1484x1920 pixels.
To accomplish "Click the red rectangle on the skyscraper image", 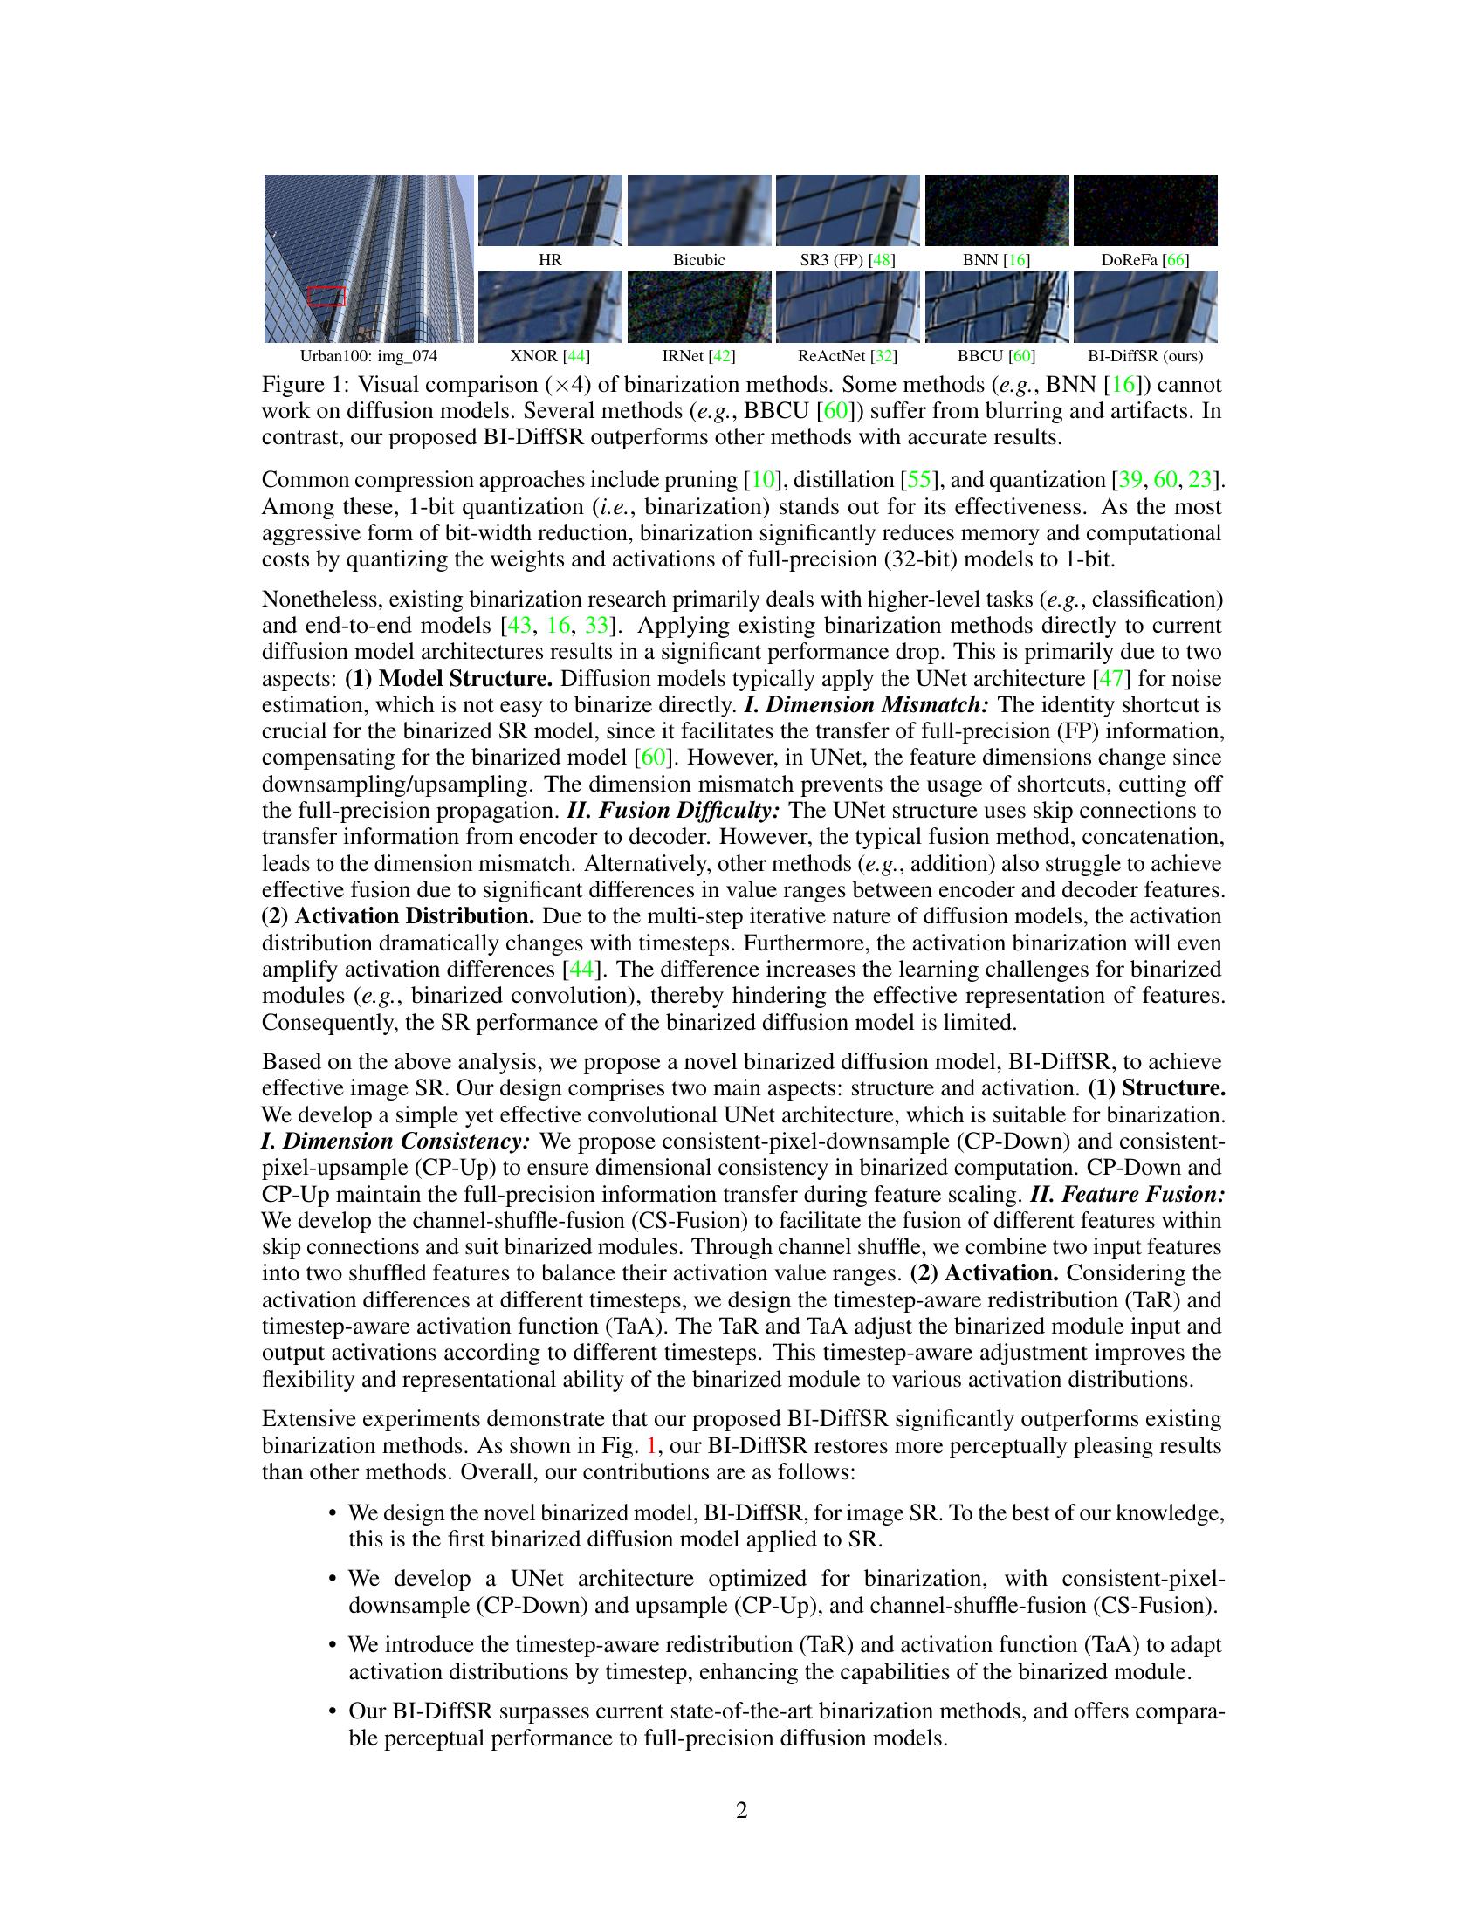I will (x=326, y=296).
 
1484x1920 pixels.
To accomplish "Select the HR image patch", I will (x=549, y=210).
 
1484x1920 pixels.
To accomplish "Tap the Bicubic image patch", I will (x=699, y=210).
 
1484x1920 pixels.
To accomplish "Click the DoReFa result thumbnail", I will (x=1144, y=210).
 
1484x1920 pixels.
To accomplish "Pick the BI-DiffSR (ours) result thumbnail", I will (x=1144, y=306).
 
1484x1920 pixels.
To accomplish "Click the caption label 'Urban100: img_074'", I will (x=368, y=356).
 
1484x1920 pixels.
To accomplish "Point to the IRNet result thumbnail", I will (x=699, y=306).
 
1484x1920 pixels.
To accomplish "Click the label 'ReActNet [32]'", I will (x=847, y=356).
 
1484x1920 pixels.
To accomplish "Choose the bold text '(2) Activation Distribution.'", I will (x=398, y=916).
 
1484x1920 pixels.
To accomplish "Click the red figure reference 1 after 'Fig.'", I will (x=651, y=1446).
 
